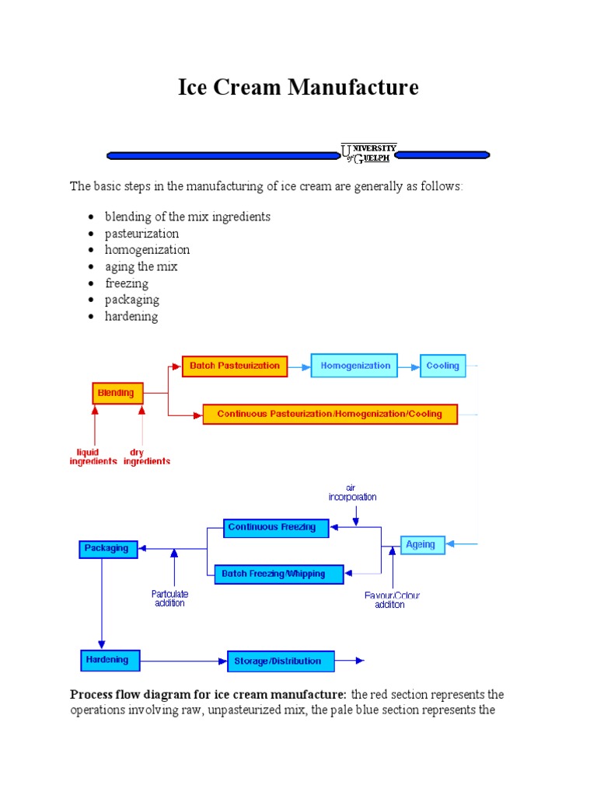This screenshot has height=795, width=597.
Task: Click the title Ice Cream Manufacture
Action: (x=298, y=87)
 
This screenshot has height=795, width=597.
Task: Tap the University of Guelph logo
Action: (x=369, y=152)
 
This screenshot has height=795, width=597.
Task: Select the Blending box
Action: (x=117, y=394)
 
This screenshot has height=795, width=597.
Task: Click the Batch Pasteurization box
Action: (x=235, y=366)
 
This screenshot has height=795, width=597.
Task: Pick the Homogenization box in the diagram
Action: (x=354, y=366)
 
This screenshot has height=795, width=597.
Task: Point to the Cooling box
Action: (x=443, y=366)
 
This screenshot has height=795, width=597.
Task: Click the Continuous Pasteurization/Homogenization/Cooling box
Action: (x=330, y=414)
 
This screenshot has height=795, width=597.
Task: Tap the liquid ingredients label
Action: (x=93, y=457)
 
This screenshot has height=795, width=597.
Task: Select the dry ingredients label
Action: (x=147, y=457)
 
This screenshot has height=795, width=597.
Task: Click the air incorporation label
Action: (x=351, y=492)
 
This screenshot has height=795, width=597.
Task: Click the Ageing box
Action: (x=423, y=545)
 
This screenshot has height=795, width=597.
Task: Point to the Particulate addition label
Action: (x=169, y=599)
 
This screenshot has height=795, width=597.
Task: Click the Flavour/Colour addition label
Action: (x=392, y=600)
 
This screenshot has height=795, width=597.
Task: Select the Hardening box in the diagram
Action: (x=109, y=661)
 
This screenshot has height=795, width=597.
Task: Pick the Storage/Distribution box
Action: (x=281, y=661)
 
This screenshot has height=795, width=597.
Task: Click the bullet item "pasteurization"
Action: (x=142, y=234)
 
